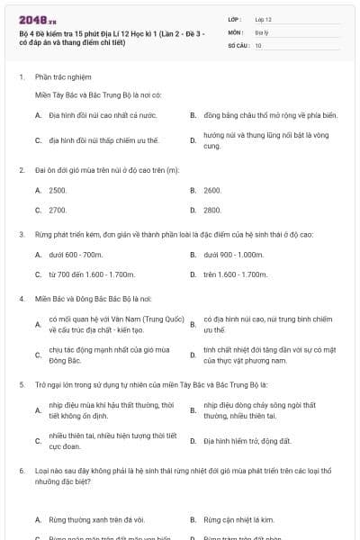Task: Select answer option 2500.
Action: (x=58, y=191)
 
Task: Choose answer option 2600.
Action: (x=212, y=191)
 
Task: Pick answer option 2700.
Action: (x=58, y=210)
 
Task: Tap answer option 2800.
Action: (x=212, y=210)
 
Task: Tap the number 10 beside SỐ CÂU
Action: (x=258, y=44)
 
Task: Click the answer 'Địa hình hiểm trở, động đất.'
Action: (x=247, y=441)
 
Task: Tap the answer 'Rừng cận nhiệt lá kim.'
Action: (x=239, y=519)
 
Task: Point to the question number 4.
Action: (x=21, y=297)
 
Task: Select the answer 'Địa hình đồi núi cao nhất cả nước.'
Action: (x=103, y=115)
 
